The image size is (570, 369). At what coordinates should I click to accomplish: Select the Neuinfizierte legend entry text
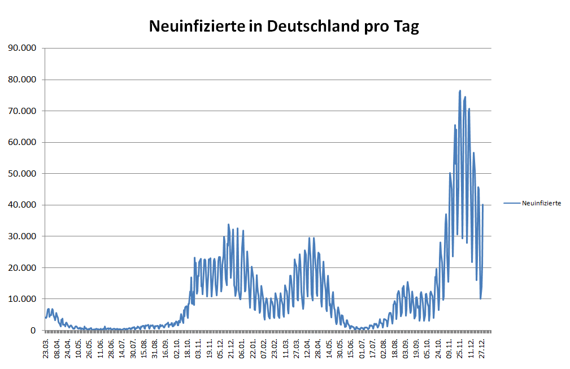[x=541, y=203]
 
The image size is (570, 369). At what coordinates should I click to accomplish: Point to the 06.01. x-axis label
[x=242, y=345]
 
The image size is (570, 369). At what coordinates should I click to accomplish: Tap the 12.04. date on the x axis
[x=307, y=345]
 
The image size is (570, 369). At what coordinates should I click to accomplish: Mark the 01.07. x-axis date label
[x=361, y=345]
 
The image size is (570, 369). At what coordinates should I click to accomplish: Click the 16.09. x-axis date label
[x=166, y=345]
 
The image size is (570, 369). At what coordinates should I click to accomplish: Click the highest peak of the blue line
[x=460, y=91]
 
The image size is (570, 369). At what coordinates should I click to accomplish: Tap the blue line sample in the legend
[x=512, y=203]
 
